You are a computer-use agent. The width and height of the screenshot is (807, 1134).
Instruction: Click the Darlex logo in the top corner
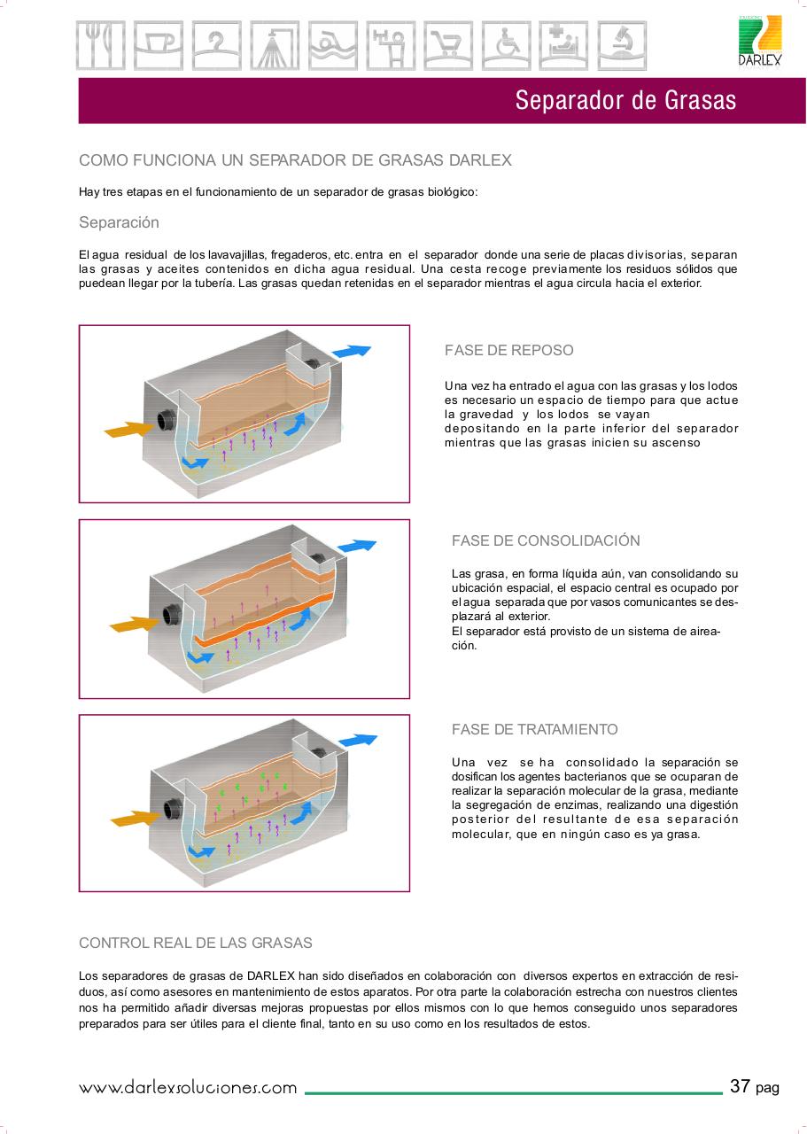click(x=760, y=42)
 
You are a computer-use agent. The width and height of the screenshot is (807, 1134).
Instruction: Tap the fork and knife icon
click(x=100, y=45)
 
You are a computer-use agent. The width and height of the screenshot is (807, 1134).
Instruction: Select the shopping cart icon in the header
click(x=447, y=45)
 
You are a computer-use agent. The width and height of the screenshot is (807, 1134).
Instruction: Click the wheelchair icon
click(x=505, y=45)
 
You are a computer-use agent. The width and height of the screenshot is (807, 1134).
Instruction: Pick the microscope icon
click(x=621, y=45)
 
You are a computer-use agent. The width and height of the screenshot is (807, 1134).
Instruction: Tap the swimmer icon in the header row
click(x=332, y=45)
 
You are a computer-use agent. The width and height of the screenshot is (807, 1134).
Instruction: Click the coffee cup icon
click(x=158, y=45)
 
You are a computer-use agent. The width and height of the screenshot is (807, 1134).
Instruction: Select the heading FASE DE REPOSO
click(x=508, y=350)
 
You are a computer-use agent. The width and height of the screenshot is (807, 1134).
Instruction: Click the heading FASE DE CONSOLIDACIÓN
click(x=546, y=540)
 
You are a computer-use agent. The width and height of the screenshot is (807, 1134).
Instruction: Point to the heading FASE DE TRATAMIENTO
click(x=534, y=729)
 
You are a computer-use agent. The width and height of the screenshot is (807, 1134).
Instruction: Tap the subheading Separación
click(x=119, y=221)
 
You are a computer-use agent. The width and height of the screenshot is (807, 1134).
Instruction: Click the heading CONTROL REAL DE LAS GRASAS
click(x=195, y=943)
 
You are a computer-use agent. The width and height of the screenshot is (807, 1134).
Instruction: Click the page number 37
click(x=740, y=1086)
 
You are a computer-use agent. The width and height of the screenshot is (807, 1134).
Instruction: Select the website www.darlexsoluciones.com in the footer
click(x=188, y=1088)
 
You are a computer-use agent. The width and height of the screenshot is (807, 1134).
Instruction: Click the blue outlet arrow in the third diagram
click(x=358, y=740)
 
